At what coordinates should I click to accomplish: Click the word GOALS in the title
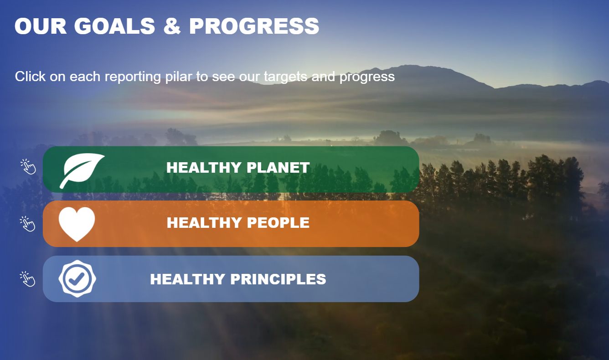coord(114,26)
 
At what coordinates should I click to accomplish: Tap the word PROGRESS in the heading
coord(254,26)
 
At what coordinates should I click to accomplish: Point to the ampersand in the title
coord(172,26)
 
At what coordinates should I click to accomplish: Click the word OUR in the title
coord(41,26)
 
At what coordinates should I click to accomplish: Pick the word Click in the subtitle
coord(30,77)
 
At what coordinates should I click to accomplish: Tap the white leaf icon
coord(82,170)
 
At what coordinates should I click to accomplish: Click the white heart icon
coord(77,224)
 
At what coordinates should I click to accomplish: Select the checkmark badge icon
coord(77,278)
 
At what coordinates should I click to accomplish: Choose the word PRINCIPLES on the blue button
coord(278,279)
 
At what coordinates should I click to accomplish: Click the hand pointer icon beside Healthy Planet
coord(28,166)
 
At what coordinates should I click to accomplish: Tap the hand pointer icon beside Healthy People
coord(27,224)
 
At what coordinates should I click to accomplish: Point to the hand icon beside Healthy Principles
coord(27,279)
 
